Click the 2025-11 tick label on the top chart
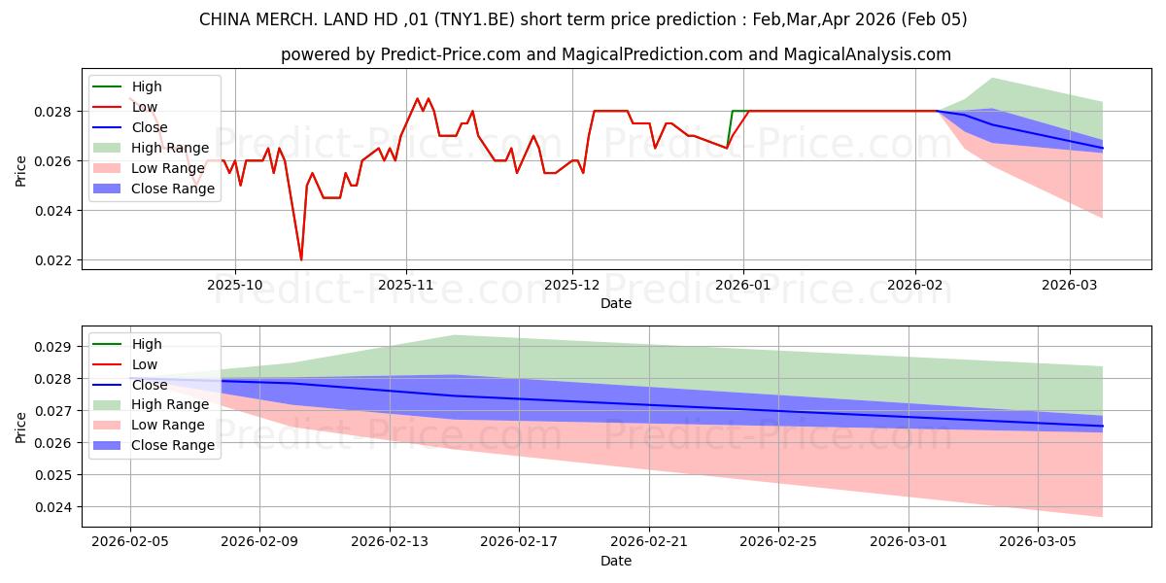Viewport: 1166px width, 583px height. pyautogui.click(x=406, y=287)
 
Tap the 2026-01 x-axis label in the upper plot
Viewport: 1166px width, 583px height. pyautogui.click(x=743, y=287)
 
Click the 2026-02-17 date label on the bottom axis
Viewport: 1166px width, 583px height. pyautogui.click(x=519, y=542)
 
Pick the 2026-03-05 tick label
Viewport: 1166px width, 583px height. pyautogui.click(x=1038, y=542)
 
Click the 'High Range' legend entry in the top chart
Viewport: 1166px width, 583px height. pyautogui.click(x=171, y=148)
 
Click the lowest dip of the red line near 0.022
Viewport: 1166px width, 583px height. pyautogui.click(x=301, y=259)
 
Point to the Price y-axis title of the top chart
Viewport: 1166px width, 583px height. pyautogui.click(x=21, y=170)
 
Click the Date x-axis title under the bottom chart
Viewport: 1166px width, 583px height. pyautogui.click(x=616, y=561)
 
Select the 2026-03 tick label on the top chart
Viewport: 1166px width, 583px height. pyautogui.click(x=1069, y=287)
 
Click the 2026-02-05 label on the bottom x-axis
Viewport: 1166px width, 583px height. pyautogui.click(x=130, y=542)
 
